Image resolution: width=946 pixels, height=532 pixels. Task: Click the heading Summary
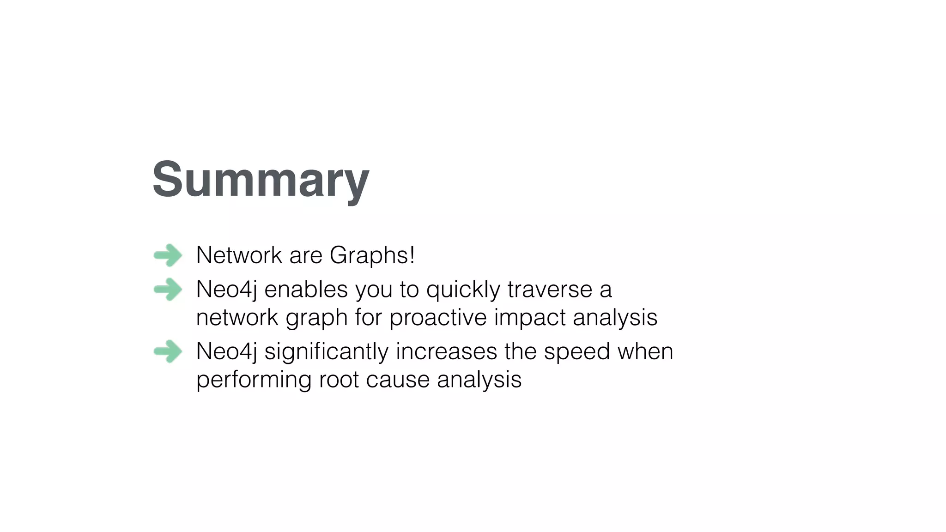pyautogui.click(x=261, y=180)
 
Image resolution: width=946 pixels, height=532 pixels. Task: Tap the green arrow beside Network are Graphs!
pyautogui.click(x=168, y=255)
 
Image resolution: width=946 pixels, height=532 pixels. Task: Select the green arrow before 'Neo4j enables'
pyautogui.click(x=168, y=290)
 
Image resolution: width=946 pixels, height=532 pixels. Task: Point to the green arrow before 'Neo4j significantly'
pyautogui.click(x=168, y=351)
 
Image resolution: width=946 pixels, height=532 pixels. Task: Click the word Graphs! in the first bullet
pyautogui.click(x=372, y=255)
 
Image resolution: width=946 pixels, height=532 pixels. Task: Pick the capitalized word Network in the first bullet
pyautogui.click(x=239, y=255)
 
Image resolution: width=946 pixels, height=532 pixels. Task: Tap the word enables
pyautogui.click(x=306, y=290)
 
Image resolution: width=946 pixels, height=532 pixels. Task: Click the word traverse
pyautogui.click(x=550, y=290)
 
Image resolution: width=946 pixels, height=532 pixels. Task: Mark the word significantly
pyautogui.click(x=326, y=352)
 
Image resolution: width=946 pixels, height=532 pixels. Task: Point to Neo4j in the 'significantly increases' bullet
pyautogui.click(x=226, y=352)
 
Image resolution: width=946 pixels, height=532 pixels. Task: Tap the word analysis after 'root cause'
pyautogui.click(x=479, y=380)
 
